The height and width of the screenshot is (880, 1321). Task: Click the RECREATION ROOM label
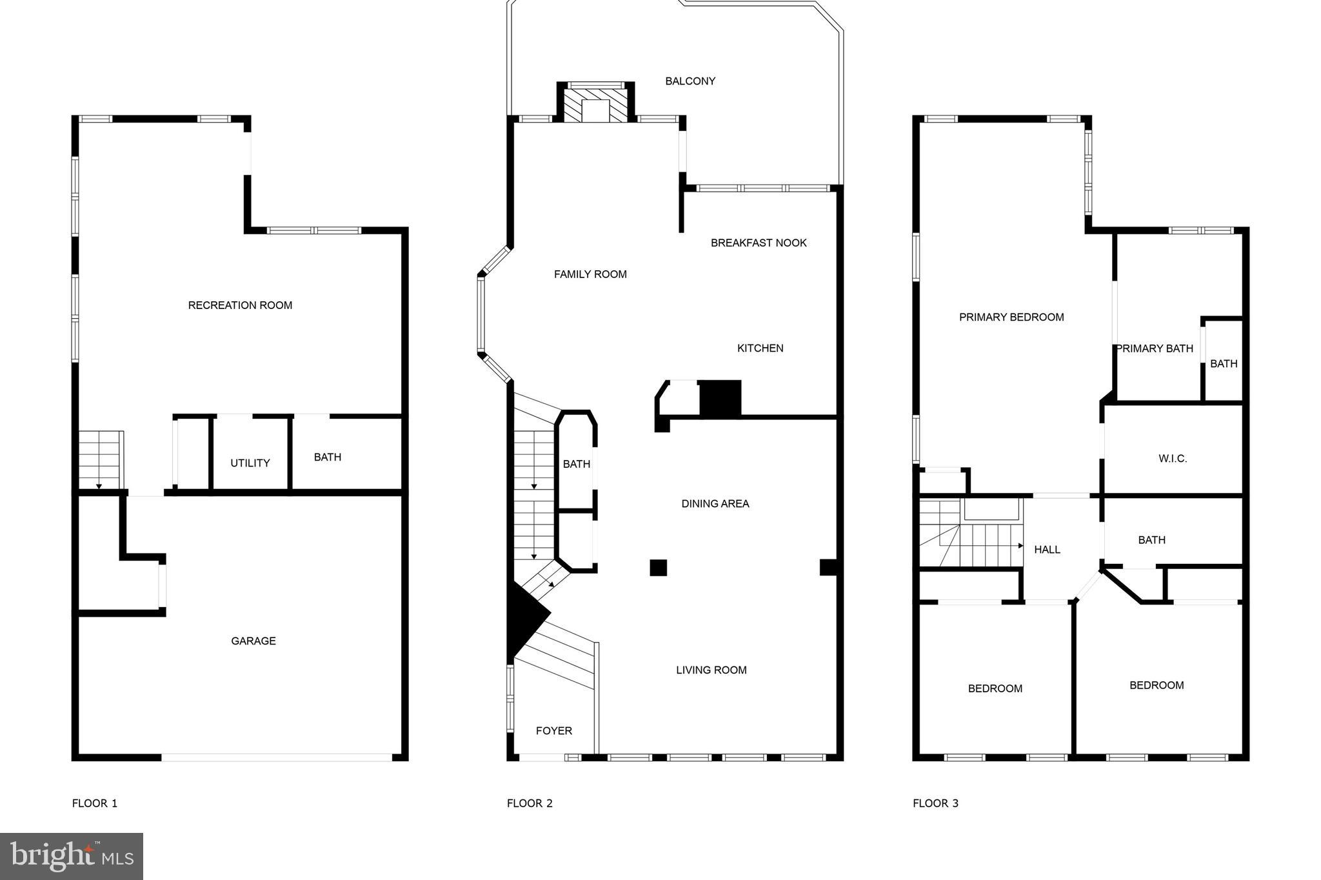(240, 305)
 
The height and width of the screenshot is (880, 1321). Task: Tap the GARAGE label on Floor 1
(253, 641)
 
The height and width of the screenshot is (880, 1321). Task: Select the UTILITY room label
(250, 463)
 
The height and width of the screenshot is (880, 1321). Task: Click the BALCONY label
(690, 81)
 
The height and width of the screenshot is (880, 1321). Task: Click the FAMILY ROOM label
(590, 274)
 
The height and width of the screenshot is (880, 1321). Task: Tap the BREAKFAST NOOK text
(759, 243)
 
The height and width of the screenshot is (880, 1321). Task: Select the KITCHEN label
(760, 348)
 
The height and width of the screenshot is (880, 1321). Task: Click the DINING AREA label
(715, 503)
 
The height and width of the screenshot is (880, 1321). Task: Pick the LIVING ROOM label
(711, 670)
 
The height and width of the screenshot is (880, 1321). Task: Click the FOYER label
(553, 730)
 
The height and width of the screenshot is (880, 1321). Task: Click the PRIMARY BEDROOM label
(1011, 317)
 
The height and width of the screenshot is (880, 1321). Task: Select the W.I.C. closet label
(1172, 458)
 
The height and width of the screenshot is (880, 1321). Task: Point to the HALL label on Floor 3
(1047, 549)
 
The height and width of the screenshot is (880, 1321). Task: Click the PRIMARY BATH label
(1154, 348)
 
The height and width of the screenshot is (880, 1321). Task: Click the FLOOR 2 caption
(530, 803)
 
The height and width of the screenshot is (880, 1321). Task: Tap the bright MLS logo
(72, 856)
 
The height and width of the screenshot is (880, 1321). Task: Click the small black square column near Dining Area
(658, 568)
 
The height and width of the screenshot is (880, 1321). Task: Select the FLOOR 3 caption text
(935, 803)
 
